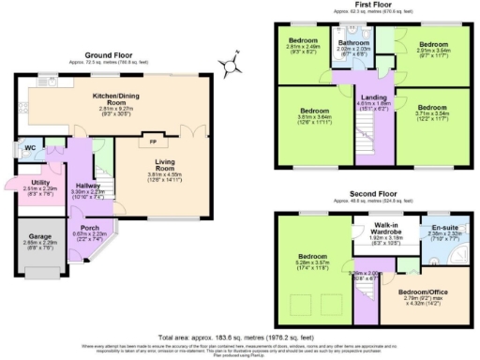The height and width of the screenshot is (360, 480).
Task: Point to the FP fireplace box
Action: pyautogui.click(x=152, y=142)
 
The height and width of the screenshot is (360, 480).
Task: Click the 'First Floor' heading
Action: pyautogui.click(x=374, y=6)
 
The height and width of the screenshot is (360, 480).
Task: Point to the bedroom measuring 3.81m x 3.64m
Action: pyautogui.click(x=308, y=113)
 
